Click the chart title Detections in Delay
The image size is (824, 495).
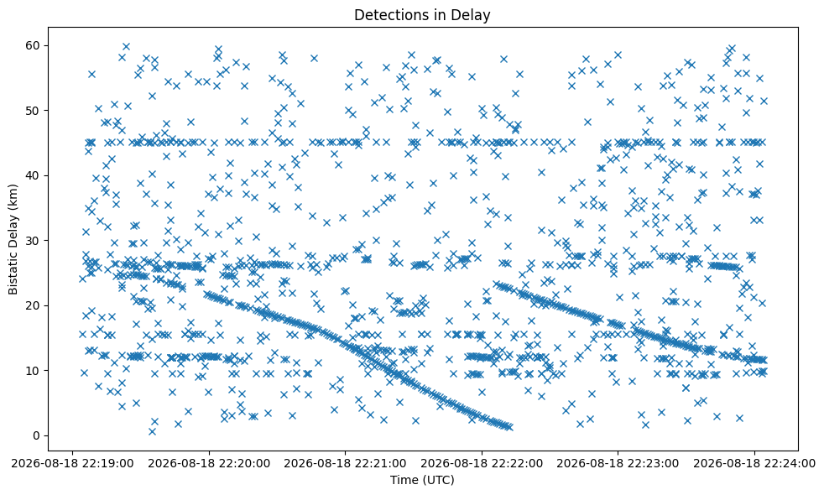422,15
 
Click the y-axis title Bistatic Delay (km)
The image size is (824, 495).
13,239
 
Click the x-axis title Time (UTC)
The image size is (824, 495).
422,480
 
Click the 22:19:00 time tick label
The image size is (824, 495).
73,463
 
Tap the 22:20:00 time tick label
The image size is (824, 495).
209,463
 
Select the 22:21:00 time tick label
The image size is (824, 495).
345,463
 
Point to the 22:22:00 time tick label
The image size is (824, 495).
482,463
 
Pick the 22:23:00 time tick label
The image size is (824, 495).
618,463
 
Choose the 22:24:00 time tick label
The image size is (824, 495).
754,463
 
